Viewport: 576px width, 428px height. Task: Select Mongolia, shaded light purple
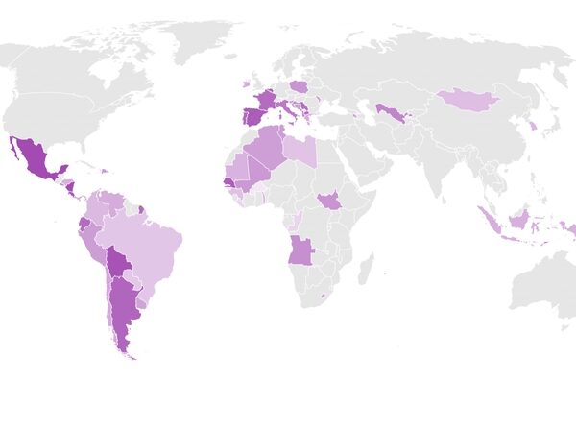click(470, 98)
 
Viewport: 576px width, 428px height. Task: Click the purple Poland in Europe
click(299, 85)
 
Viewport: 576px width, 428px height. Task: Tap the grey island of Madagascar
click(366, 267)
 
